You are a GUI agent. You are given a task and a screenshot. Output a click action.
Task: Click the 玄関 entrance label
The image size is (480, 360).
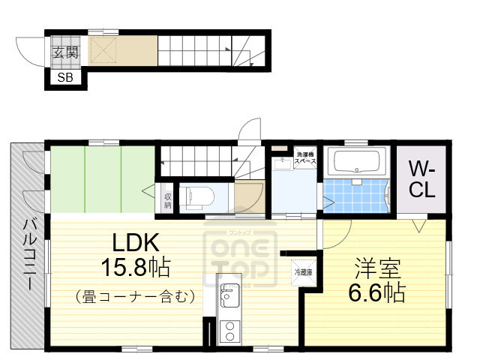(64, 52)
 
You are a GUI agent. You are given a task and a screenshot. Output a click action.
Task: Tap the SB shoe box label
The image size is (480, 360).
(64, 77)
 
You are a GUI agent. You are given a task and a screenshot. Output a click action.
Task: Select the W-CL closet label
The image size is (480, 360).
(421, 179)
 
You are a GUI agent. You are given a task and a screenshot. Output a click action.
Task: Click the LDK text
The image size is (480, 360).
(135, 242)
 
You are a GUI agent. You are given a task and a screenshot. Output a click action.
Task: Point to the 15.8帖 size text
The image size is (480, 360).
(135, 267)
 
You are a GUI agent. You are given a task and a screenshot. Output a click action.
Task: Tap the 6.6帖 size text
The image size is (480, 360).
(378, 292)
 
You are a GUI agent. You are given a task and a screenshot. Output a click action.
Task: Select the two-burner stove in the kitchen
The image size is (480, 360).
(227, 330)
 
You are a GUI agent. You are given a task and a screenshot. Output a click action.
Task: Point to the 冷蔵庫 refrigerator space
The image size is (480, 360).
(303, 272)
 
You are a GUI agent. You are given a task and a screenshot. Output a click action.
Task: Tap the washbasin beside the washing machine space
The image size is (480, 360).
(283, 163)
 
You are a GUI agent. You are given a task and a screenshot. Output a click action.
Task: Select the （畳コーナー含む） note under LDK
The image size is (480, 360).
(135, 296)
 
